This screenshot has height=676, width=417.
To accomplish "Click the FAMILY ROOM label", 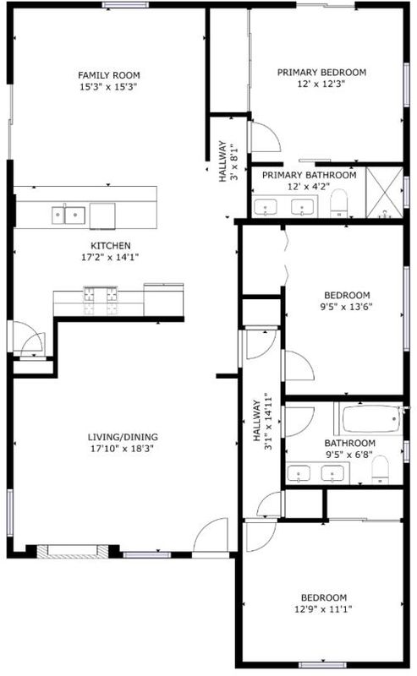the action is coord(109,75).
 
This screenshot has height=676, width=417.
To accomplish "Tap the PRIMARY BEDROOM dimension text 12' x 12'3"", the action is coord(321,84).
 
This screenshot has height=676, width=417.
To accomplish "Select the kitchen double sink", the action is coord(69,215).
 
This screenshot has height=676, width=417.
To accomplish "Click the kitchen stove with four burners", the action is coord(101,301).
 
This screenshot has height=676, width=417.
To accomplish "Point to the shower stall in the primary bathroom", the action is coord(384,193).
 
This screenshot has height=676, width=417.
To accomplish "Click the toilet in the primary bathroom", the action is coord(339,203).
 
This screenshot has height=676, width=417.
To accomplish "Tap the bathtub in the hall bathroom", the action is coord(371,418).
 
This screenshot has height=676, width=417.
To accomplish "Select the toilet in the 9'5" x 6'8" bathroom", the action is coord(381,470).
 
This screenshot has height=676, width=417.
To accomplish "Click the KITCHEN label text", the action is coord(111,246).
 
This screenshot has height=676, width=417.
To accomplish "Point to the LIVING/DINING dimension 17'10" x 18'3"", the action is coord(123,449).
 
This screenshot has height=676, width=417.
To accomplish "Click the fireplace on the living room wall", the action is coord(72,551).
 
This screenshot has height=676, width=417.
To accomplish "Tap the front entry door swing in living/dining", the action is coord(211,536).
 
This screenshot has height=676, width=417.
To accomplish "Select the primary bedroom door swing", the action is coord(265,137).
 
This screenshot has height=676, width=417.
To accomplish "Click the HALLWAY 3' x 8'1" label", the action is coord(228,161).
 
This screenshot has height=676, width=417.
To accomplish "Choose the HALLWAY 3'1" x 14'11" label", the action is coord(262,421).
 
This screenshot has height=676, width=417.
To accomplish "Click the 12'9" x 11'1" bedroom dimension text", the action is coord(324,609).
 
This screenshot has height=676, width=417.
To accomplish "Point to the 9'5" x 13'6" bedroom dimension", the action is coord(348,307).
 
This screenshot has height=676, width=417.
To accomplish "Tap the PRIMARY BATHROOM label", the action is coord(310,175).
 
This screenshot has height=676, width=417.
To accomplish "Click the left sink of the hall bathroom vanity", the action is coord(299,473).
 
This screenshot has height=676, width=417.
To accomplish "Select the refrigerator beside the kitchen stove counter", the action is coord(163,300).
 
